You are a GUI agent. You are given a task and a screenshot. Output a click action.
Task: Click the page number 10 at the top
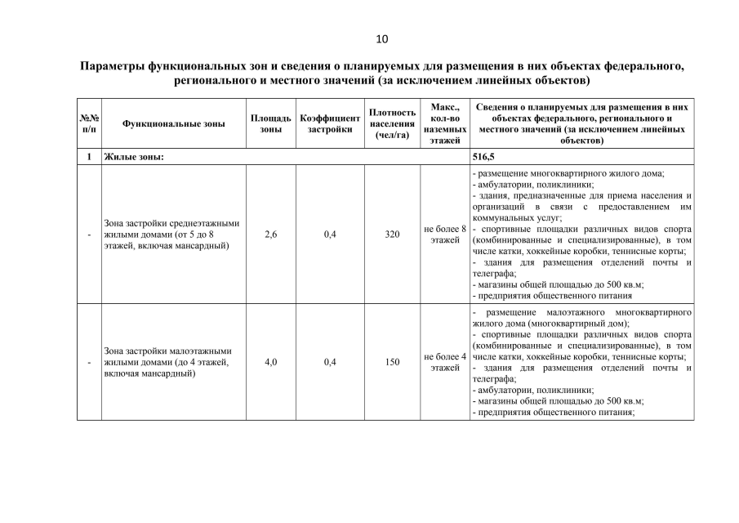pyautogui.click(x=382, y=38)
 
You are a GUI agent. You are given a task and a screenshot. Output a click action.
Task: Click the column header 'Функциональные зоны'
pyautogui.click(x=173, y=123)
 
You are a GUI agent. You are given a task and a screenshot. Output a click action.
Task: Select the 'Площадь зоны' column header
pyautogui.click(x=270, y=123)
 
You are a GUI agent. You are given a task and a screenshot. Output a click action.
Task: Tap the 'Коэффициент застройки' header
pyautogui.click(x=330, y=123)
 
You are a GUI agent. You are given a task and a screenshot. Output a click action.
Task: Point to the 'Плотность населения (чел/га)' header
pyautogui.click(x=392, y=123)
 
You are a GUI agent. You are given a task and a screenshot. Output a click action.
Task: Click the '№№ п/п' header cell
pyautogui.click(x=89, y=123)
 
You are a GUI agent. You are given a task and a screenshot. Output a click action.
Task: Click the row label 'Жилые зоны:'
pyautogui.click(x=133, y=157)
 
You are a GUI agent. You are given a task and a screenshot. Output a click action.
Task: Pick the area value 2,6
pyautogui.click(x=270, y=235)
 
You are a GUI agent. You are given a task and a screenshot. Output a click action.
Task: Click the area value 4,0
pyautogui.click(x=270, y=362)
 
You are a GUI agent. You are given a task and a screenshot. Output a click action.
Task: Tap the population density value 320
pyautogui.click(x=392, y=235)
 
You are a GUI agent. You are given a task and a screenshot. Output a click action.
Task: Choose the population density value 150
pyautogui.click(x=392, y=362)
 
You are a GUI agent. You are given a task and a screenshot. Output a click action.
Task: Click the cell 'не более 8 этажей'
pyautogui.click(x=445, y=235)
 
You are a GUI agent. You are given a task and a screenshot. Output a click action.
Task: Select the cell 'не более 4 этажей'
pyautogui.click(x=445, y=362)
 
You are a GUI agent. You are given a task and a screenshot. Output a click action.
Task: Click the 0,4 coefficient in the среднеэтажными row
pyautogui.click(x=330, y=235)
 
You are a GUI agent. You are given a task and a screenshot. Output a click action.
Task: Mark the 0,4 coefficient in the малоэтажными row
pyautogui.click(x=330, y=362)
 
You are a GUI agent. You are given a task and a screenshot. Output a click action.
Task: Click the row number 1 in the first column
pyautogui.click(x=89, y=157)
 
